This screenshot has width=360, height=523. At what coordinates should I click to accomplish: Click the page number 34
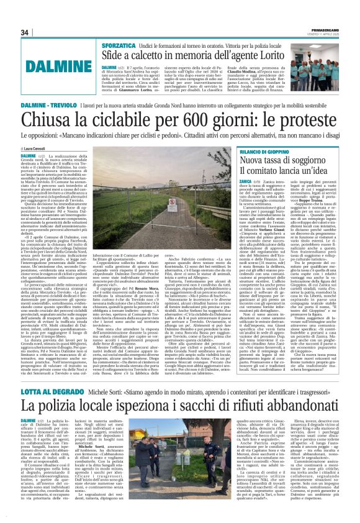25,32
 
